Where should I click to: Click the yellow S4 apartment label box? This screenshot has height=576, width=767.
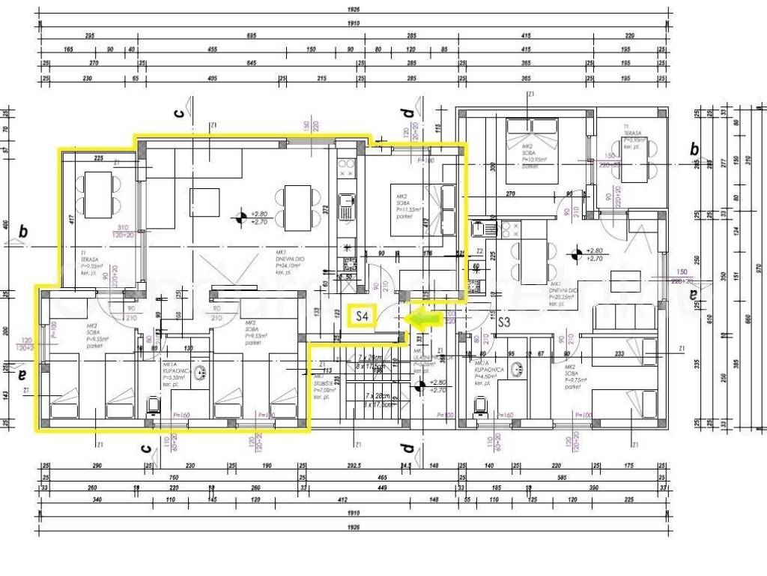click(361, 316)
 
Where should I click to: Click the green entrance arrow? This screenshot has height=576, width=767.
click(422, 318)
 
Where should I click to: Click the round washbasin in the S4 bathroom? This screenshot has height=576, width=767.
click(201, 372)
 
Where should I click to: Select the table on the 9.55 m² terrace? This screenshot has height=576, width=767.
click(99, 185)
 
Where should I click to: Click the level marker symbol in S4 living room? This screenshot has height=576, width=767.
click(240, 218)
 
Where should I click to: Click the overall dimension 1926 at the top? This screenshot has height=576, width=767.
click(353, 10)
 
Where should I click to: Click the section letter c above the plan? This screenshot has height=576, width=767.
click(178, 113)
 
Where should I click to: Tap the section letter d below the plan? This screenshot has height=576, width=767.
click(407, 448)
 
